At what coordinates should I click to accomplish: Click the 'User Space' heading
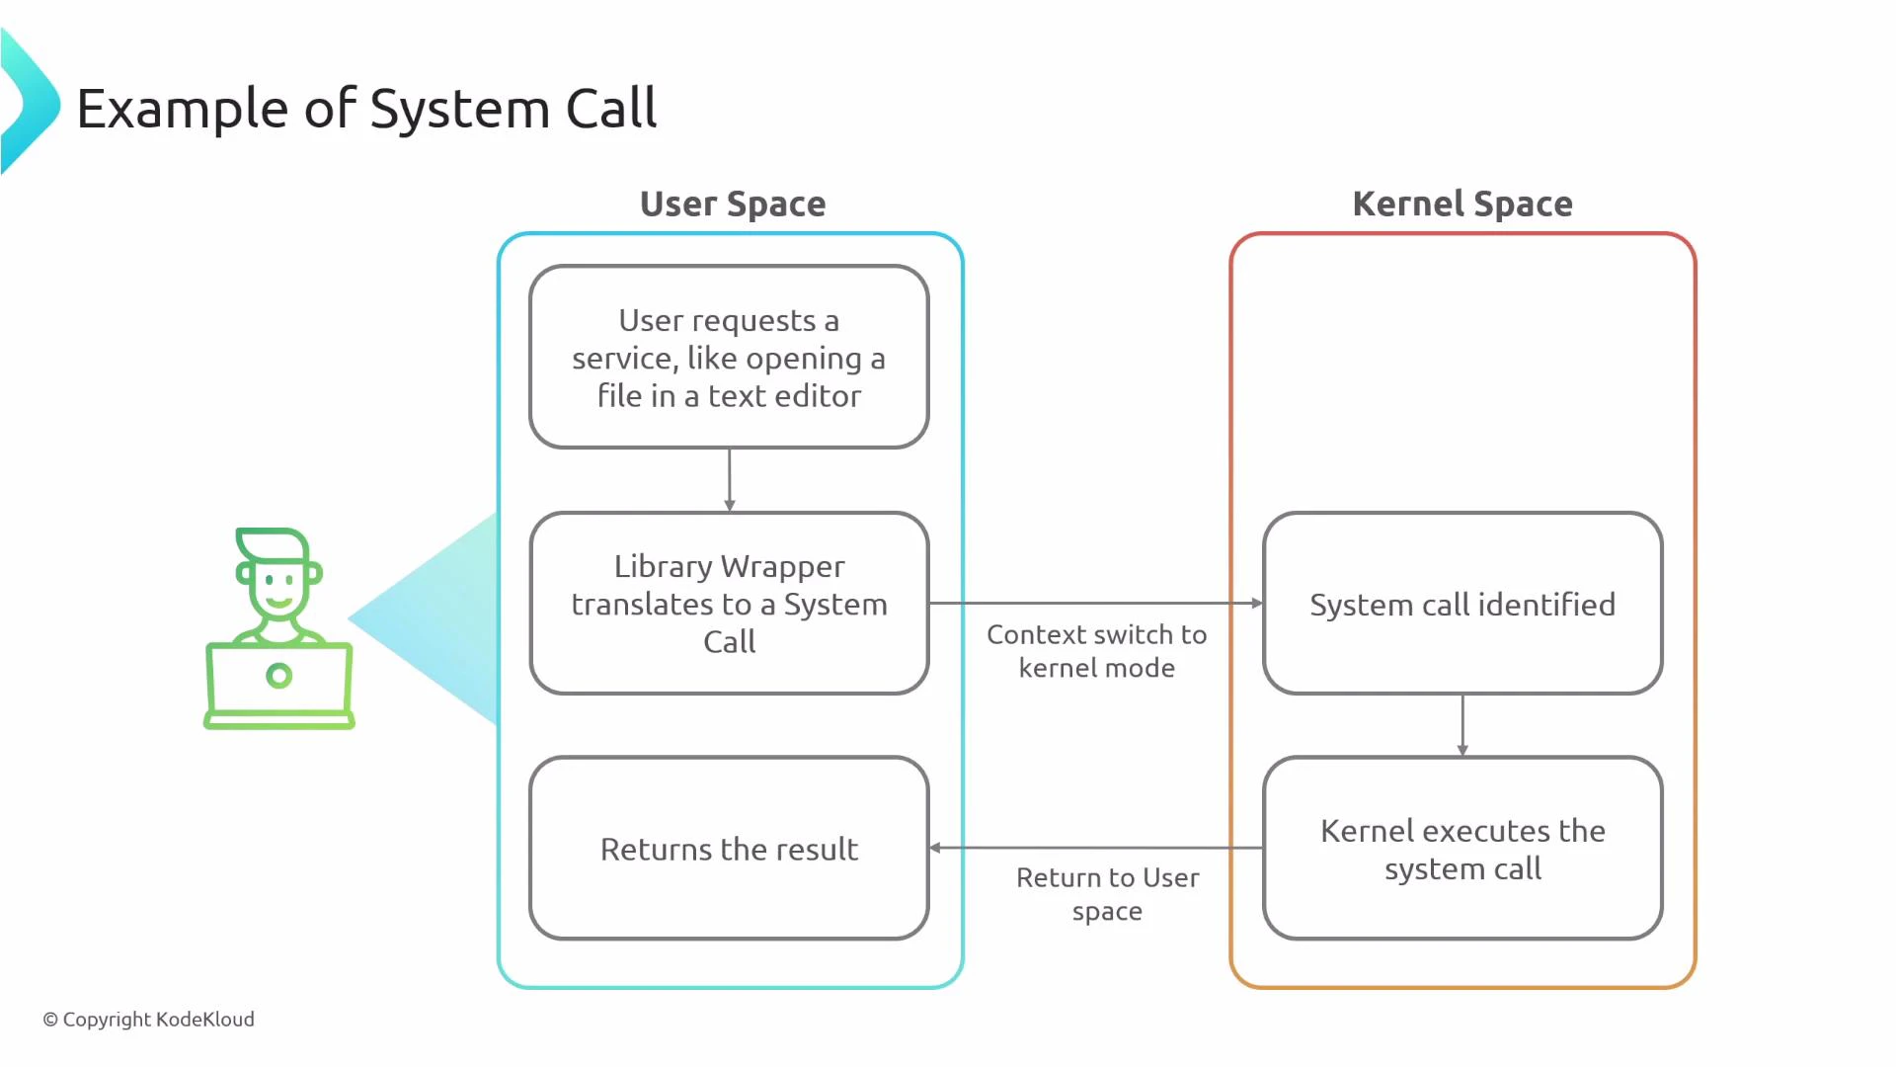point(732,204)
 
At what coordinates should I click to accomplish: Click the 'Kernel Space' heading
point(1461,204)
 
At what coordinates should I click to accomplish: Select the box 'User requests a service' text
point(729,358)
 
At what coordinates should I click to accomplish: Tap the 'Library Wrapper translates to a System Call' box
point(729,604)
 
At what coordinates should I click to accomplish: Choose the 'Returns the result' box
point(729,849)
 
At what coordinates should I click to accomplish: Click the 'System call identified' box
point(1461,604)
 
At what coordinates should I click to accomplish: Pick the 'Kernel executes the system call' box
point(1461,849)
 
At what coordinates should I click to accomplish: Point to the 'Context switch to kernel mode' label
point(1096,651)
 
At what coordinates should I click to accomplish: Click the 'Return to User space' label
point(1107,894)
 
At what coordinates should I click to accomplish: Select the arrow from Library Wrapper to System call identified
point(1096,603)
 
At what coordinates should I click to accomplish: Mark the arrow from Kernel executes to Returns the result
point(1096,848)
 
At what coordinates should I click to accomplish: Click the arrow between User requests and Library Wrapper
point(730,480)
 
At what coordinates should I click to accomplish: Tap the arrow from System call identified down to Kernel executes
point(1462,725)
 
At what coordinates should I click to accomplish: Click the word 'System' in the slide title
point(458,109)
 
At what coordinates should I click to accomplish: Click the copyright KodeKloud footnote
point(148,1019)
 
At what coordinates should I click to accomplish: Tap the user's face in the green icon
point(278,587)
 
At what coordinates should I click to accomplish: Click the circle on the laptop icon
point(279,676)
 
